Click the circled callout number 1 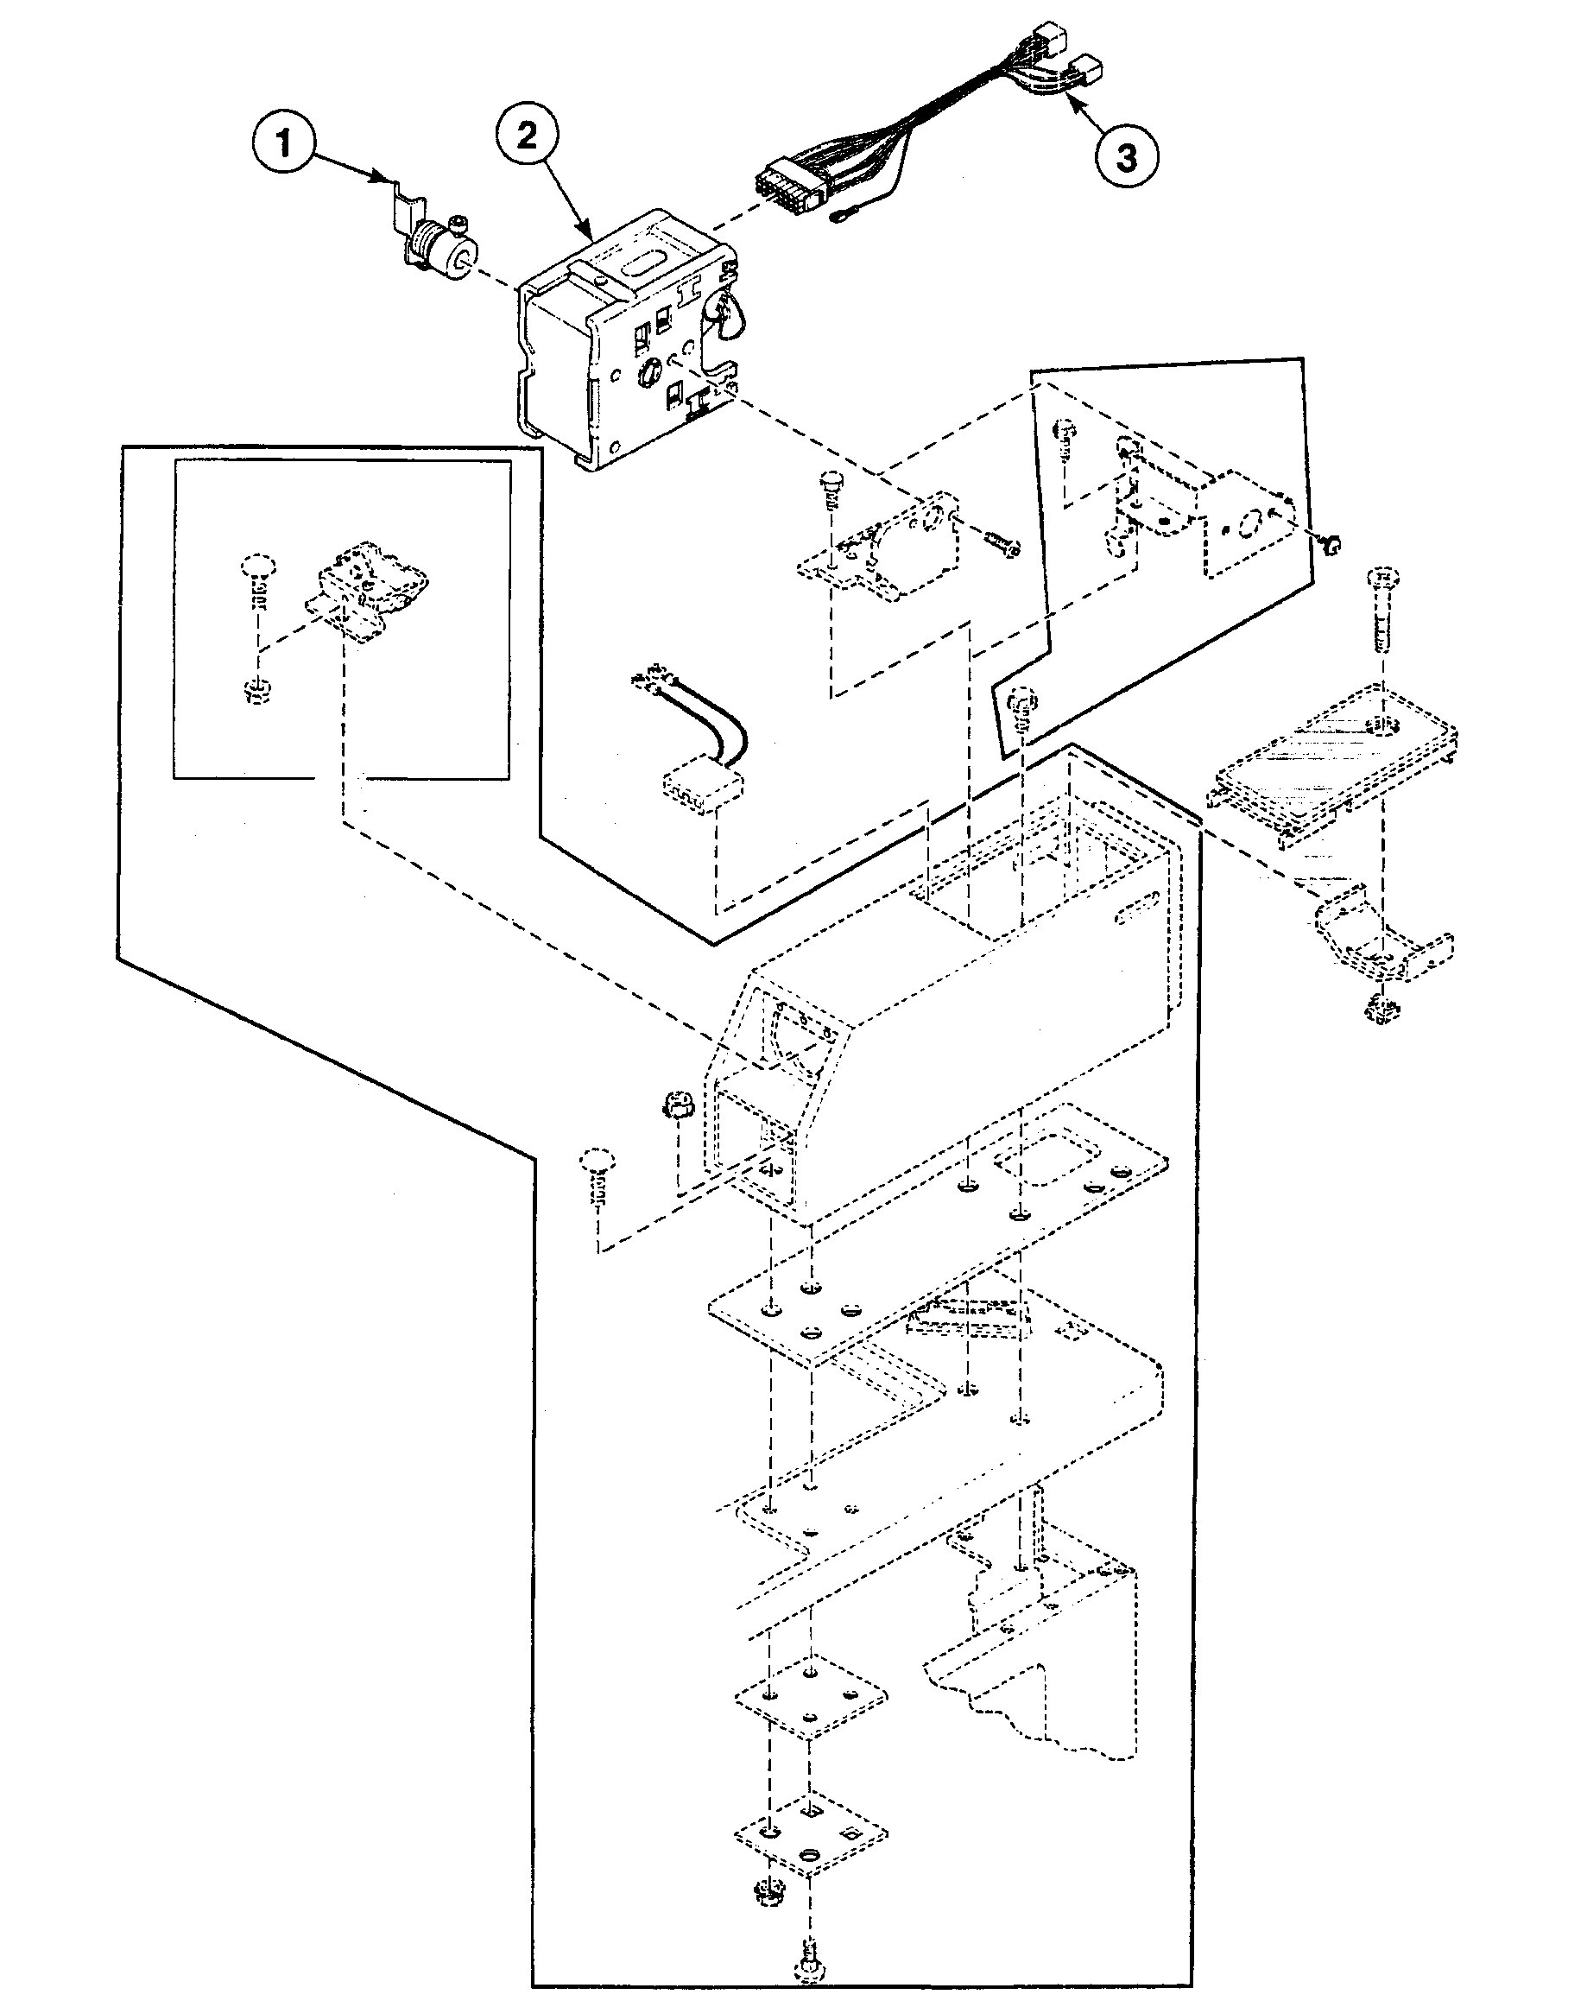point(283,145)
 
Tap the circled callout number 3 point(1125,157)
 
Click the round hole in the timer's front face point(647,374)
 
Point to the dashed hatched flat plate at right point(1334,763)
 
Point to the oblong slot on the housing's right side point(1136,905)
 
